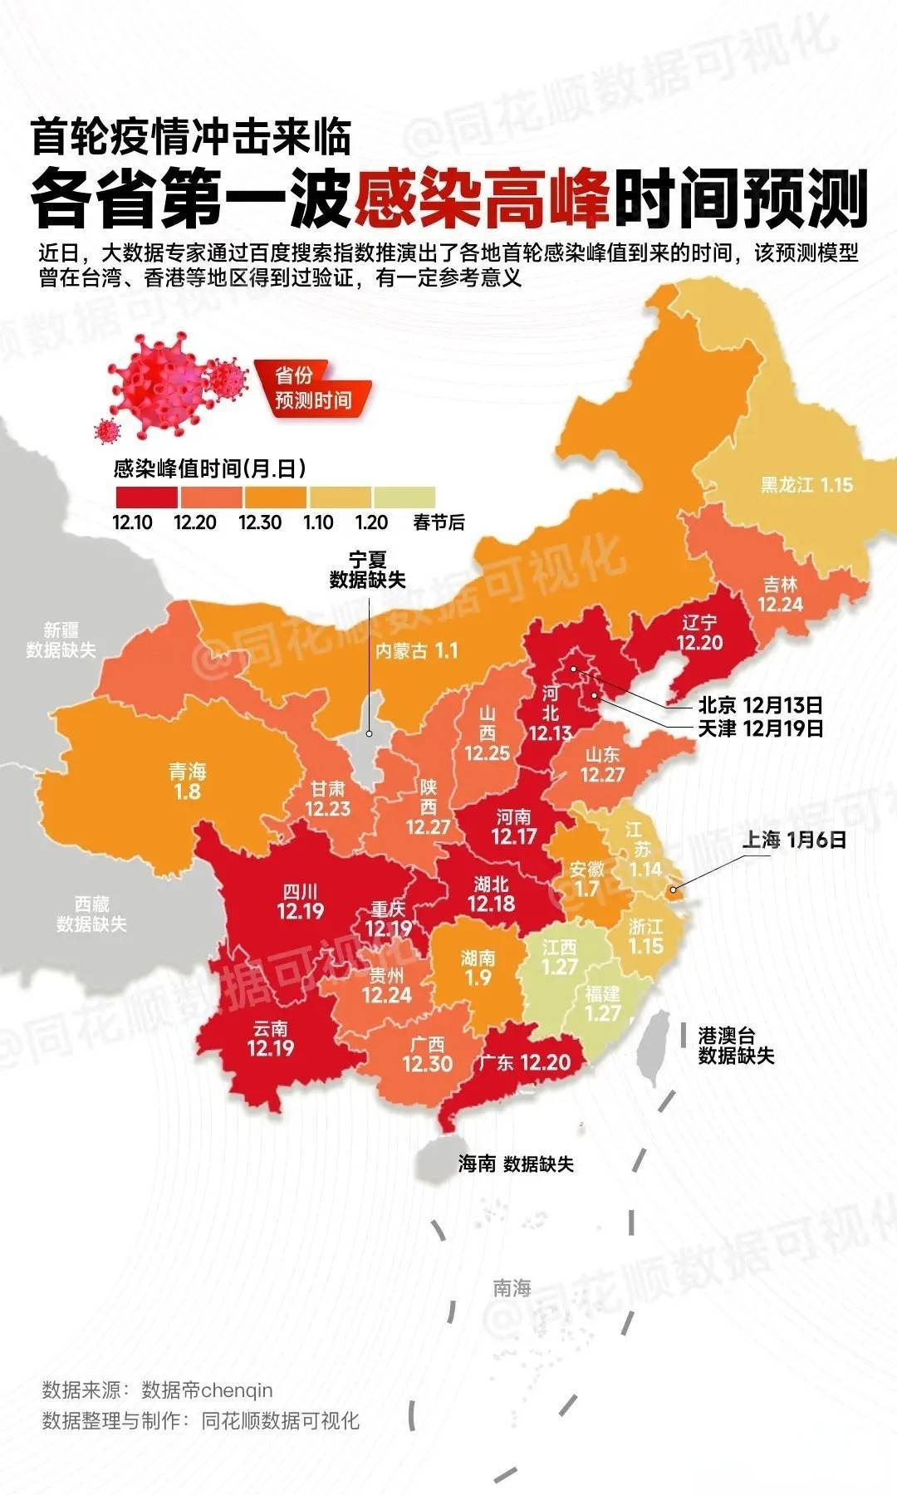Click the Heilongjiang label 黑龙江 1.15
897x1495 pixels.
click(806, 484)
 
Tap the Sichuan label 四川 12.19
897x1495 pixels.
click(300, 902)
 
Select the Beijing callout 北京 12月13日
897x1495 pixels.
click(760, 705)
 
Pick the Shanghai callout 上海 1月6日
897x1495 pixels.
click(793, 840)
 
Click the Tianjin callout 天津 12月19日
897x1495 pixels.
click(760, 728)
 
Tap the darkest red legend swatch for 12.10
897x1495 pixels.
click(146, 497)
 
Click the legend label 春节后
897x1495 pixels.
click(439, 522)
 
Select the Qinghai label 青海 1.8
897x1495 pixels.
click(188, 782)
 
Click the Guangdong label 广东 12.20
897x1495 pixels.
click(523, 1062)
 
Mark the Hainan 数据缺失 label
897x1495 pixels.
click(516, 1164)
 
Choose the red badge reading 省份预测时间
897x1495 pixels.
click(313, 388)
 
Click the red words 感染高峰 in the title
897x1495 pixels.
click(483, 199)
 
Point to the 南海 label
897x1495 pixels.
click(512, 1288)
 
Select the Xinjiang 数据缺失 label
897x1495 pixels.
click(61, 640)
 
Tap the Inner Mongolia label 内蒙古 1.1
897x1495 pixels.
click(416, 650)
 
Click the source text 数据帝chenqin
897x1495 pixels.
click(207, 1390)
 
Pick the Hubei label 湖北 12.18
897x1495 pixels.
click(491, 894)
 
